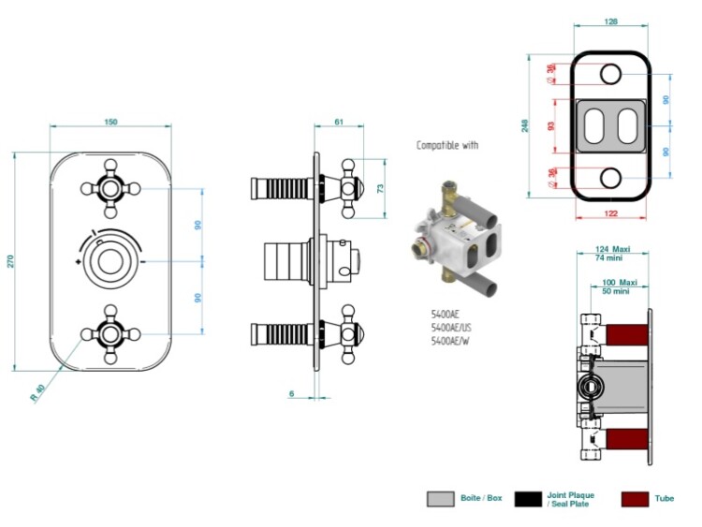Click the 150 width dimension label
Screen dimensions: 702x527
coord(110,122)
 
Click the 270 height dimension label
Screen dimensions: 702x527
coord(10,261)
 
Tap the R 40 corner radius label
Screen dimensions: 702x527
coord(38,392)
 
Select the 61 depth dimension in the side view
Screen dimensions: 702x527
coord(339,122)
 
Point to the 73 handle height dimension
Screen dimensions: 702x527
coord(381,188)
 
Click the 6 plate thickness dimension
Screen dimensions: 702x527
coord(292,393)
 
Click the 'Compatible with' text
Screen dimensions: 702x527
coord(447,145)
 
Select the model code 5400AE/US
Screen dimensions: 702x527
coord(451,328)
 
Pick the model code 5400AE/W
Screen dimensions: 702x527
coord(450,341)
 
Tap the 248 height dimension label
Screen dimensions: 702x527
coord(526,125)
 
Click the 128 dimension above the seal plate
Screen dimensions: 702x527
coord(610,21)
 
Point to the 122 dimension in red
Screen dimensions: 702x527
coord(610,213)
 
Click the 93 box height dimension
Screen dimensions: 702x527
coord(551,126)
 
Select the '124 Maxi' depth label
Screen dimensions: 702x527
coord(613,249)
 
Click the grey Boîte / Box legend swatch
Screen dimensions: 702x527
coord(441,499)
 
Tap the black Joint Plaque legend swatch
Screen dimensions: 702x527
coord(528,499)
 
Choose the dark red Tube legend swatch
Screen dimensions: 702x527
coord(635,499)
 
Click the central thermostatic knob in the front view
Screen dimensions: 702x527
coord(110,261)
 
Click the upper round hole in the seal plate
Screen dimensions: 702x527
coord(610,74)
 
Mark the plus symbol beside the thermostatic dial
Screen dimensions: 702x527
coord(79,261)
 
